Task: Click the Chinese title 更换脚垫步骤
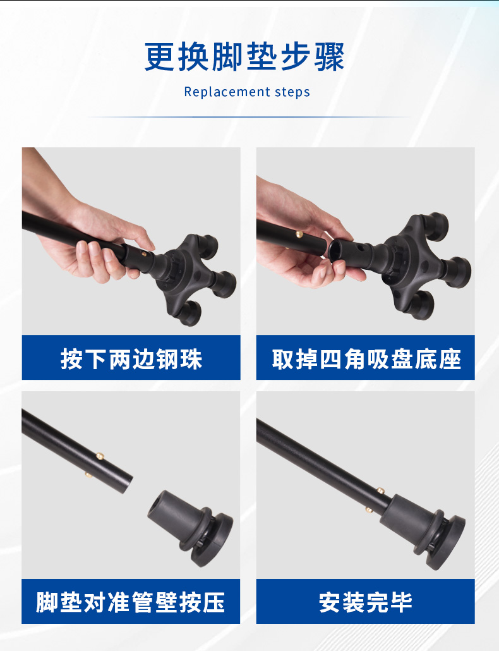(x=244, y=57)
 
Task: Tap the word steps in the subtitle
(x=293, y=92)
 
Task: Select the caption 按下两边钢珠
(x=131, y=359)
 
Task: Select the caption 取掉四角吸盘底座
(x=366, y=359)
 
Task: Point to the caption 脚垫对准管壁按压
(x=130, y=602)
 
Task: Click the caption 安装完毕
(x=366, y=602)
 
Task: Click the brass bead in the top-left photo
(x=144, y=253)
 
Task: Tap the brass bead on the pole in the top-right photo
(x=299, y=234)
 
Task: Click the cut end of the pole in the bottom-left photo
(x=128, y=484)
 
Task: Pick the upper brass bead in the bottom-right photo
(x=380, y=490)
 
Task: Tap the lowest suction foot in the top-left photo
(x=189, y=313)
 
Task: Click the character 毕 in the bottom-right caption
(x=401, y=602)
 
